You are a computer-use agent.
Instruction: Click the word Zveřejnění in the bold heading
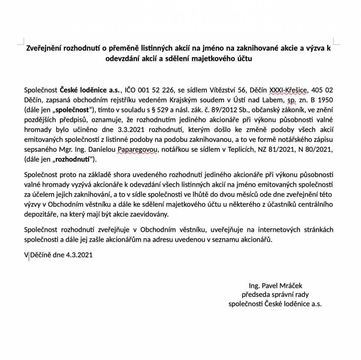[44, 48]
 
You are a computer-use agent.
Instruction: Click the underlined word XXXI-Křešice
[288, 90]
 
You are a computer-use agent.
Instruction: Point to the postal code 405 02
[322, 90]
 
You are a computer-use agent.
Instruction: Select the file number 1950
[326, 100]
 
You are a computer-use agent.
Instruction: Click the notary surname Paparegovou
[137, 150]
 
